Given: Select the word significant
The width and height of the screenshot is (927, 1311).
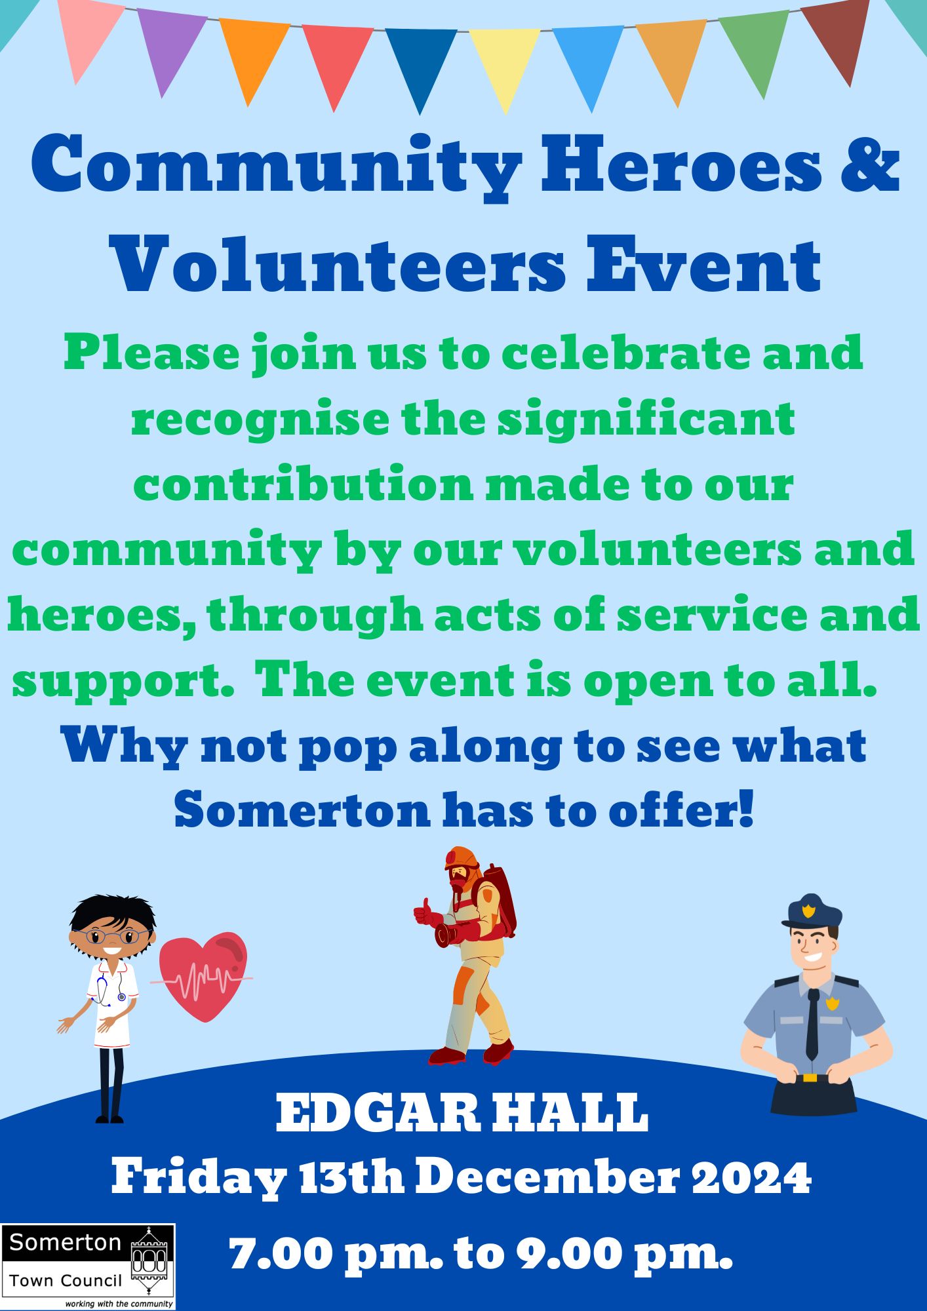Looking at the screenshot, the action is click(646, 420).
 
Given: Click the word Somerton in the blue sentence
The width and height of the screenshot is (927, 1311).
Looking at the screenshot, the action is click(301, 812).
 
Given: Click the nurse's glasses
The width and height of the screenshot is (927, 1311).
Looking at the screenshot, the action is click(112, 936).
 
